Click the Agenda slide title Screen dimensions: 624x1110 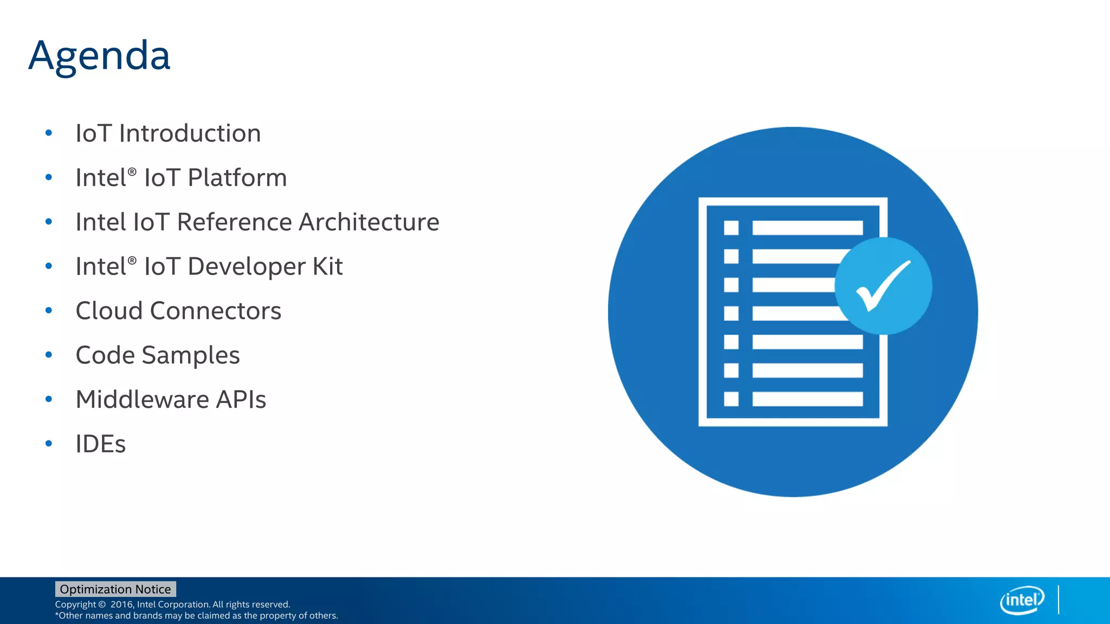pos(99,56)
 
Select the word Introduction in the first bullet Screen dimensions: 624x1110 pos(190,133)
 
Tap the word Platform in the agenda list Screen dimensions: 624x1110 pos(237,178)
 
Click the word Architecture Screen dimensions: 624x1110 pos(369,222)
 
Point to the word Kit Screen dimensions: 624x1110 pos(327,266)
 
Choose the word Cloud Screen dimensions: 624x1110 pos(109,311)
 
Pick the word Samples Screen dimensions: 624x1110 pos(190,356)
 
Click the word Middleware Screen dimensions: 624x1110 pos(142,400)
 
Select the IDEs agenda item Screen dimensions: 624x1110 pos(100,444)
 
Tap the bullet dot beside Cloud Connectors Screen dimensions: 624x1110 pos(49,310)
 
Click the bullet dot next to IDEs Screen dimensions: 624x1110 pos(49,444)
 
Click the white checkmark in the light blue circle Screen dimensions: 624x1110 pos(882,285)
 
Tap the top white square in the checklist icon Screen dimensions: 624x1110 pos(731,227)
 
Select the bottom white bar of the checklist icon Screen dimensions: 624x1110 pos(807,399)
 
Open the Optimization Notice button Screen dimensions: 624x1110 pos(115,589)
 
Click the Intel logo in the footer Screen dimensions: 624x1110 pos(1022,600)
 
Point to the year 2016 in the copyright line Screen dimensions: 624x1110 pos(121,604)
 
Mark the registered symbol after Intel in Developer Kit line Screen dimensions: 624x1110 pos(132,260)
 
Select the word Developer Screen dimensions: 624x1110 pos(247,266)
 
